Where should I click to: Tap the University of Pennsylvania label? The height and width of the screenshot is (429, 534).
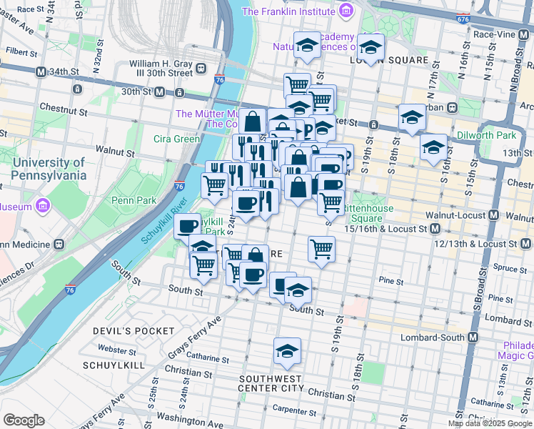point(48,169)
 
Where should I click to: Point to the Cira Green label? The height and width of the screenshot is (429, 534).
point(176,139)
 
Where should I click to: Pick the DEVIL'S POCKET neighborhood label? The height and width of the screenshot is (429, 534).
point(133,331)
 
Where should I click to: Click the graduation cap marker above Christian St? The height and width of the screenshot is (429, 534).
point(287,351)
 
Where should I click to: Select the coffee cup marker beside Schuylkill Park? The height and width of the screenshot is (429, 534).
point(188,226)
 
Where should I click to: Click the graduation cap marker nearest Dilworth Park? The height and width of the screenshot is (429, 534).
point(433,147)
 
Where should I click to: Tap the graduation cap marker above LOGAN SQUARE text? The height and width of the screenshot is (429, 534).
point(371,47)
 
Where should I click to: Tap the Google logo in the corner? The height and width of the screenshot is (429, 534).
point(24,420)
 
